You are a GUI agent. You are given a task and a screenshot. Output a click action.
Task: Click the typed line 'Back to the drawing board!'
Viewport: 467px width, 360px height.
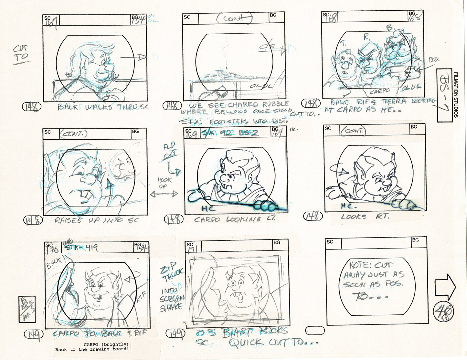(92, 349)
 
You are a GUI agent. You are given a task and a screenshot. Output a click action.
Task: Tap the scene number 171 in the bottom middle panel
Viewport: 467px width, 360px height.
(193, 248)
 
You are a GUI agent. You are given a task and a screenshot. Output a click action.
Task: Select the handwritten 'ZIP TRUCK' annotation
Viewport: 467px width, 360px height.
(172, 272)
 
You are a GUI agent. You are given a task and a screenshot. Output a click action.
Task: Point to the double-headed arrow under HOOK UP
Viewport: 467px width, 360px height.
(164, 194)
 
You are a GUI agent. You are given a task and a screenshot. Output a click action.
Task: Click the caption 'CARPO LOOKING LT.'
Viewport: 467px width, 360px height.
(235, 219)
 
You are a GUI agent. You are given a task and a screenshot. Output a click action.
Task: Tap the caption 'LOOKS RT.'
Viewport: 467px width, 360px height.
(364, 217)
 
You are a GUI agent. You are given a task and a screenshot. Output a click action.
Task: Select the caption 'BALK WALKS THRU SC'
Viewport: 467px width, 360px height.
(103, 107)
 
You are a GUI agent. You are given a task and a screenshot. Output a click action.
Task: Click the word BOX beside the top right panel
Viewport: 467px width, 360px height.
(434, 60)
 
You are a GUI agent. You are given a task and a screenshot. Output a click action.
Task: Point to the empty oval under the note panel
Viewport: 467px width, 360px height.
(314, 330)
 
